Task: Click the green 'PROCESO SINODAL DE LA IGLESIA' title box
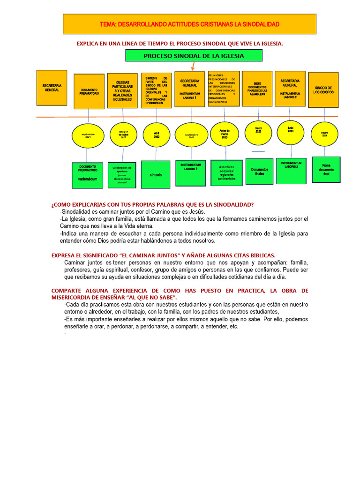pos(194,55)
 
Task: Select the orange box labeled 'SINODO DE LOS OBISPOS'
pos(323,90)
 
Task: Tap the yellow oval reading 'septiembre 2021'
pos(88,135)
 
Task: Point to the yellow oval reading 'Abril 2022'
pos(157,135)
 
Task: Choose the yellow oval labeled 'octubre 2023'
pos(324,135)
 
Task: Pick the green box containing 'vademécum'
pos(88,175)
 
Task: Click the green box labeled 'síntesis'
pos(156,174)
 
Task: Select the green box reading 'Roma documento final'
pos(326,170)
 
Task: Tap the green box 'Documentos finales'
pos(259,172)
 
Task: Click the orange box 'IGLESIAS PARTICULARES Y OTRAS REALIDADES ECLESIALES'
pos(122,91)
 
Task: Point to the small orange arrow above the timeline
pos(192,65)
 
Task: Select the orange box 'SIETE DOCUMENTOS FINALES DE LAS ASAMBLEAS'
pos(257,89)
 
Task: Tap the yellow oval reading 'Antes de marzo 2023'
pos(225,135)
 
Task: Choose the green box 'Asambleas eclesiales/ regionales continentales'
pos(226,173)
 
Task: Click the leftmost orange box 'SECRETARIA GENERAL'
pos(52,88)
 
